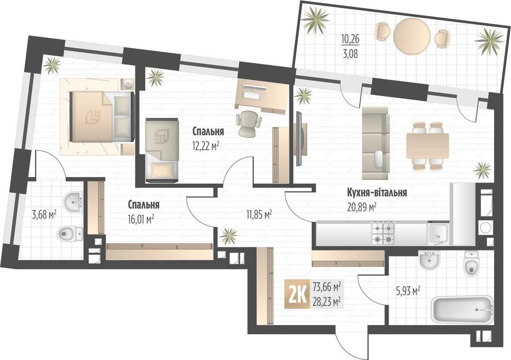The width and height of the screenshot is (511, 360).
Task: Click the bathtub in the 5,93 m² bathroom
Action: tap(462, 309)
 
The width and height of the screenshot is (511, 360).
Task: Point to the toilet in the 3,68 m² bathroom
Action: tap(70, 233)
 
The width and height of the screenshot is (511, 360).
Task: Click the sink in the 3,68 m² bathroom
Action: tap(74, 202)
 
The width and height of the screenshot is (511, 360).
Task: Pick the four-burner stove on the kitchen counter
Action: tap(383, 232)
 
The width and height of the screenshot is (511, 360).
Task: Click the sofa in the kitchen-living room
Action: tap(375, 143)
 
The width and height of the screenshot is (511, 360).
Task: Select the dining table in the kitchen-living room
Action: tap(427, 146)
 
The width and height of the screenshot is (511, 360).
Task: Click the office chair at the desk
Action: tap(249, 122)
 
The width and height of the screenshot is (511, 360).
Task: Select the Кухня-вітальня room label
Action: tap(377, 193)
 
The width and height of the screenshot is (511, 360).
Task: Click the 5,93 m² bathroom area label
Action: tap(407, 291)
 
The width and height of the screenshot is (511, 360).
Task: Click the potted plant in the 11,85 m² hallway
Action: tap(229, 236)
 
